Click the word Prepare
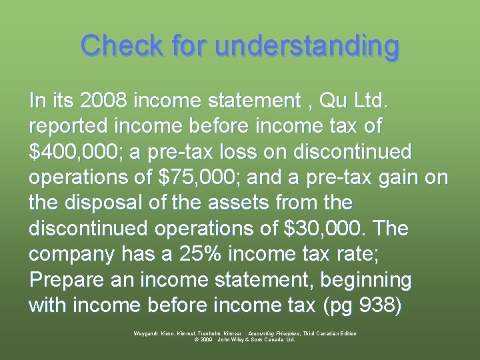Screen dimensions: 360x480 tap(65, 280)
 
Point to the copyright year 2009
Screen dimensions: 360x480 tap(205, 339)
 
